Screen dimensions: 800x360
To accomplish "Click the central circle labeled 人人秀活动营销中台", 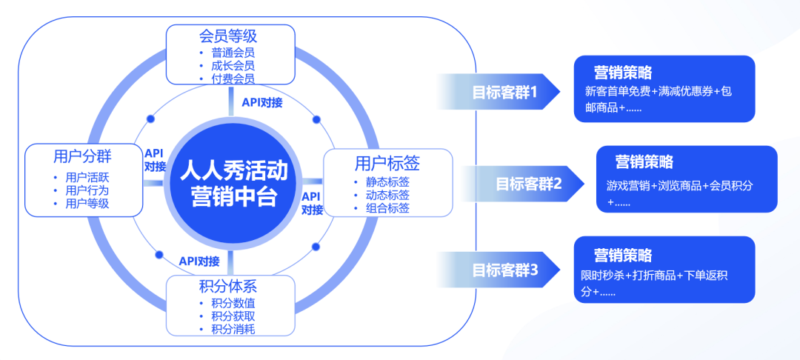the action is (234, 183).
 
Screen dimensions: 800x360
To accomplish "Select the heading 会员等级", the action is (228, 36).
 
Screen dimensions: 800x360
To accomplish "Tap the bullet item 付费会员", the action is (233, 79).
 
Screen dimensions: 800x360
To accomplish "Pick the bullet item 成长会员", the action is (233, 65).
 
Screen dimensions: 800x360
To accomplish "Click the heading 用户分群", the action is (82, 156).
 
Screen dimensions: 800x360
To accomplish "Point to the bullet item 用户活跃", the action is (87, 178).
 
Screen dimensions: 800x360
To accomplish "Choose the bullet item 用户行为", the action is (87, 190).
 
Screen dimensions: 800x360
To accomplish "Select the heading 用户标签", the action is (387, 164).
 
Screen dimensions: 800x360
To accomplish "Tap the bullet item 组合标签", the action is (387, 208).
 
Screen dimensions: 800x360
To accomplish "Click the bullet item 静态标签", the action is (387, 181).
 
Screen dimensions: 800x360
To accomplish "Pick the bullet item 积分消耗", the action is (233, 329).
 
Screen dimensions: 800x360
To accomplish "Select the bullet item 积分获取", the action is (233, 316).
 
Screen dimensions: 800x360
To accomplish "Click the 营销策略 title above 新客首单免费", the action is (623, 73).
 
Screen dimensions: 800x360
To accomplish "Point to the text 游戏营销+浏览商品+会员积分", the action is (679, 186).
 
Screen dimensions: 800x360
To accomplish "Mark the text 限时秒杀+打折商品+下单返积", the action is (654, 276).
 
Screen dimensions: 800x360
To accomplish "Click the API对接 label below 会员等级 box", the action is (262, 102).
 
